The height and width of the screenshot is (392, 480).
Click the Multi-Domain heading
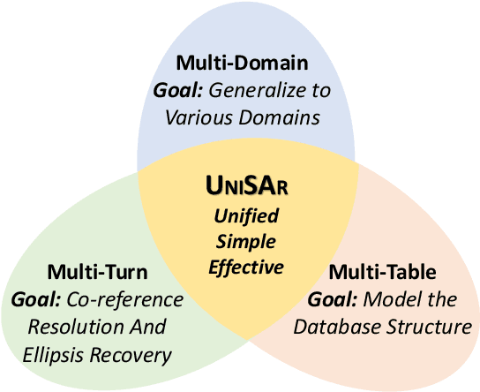pos(241,63)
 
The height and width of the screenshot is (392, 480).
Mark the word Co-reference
pos(123,299)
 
